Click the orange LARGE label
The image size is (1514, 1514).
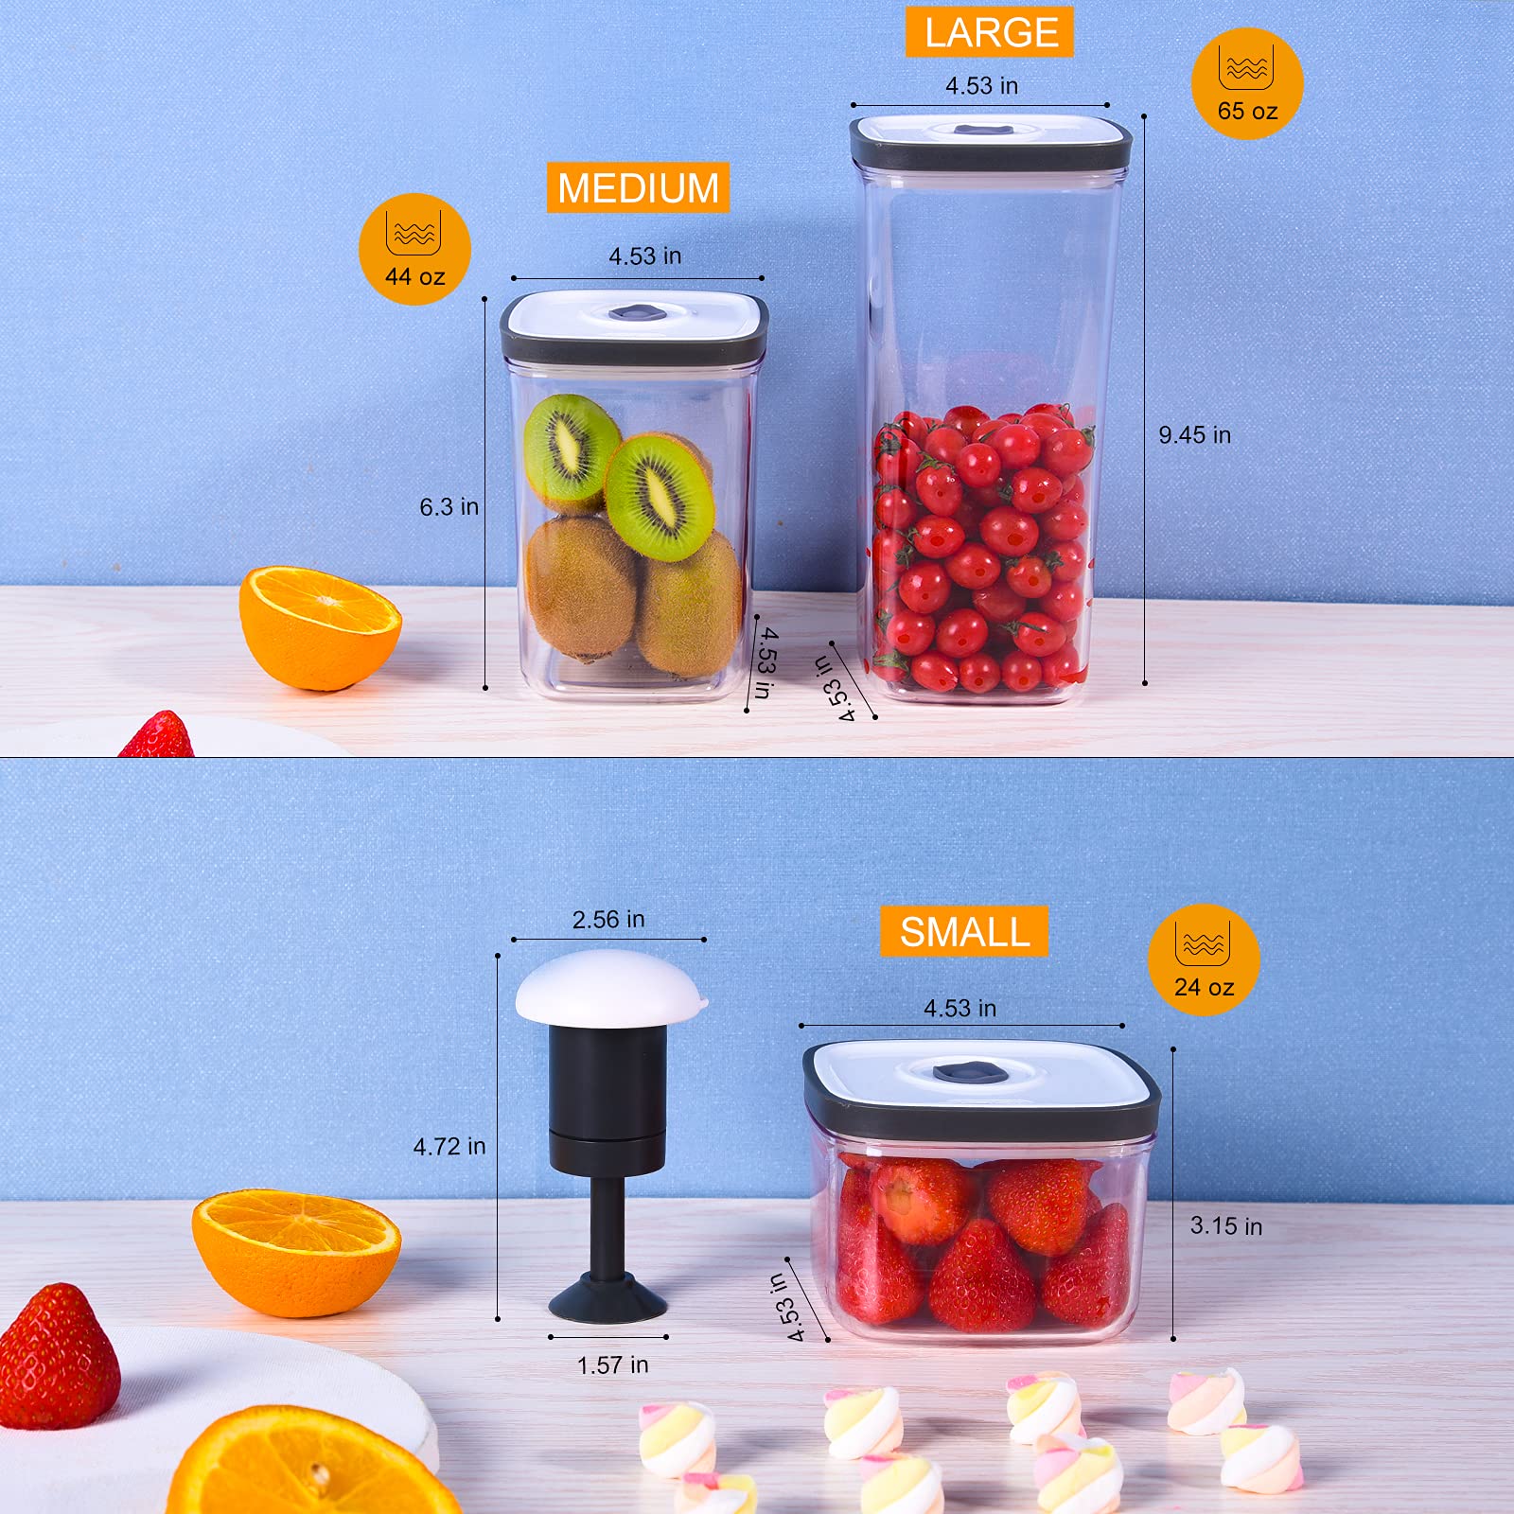(990, 33)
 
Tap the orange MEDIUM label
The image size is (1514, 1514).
(638, 187)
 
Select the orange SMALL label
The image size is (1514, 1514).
(964, 932)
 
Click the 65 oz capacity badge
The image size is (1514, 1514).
(1247, 84)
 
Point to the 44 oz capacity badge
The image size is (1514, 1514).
(414, 250)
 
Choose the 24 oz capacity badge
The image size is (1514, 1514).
(1204, 960)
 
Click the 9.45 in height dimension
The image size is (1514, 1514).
(1194, 435)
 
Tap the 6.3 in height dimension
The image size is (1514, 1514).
(449, 507)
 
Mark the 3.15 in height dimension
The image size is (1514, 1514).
(1225, 1226)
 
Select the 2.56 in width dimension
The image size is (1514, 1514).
(608, 920)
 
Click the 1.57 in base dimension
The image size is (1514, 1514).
(612, 1364)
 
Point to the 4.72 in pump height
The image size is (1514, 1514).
(449, 1147)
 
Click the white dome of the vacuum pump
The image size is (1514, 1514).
(610, 989)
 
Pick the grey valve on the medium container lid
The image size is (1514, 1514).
(636, 311)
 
